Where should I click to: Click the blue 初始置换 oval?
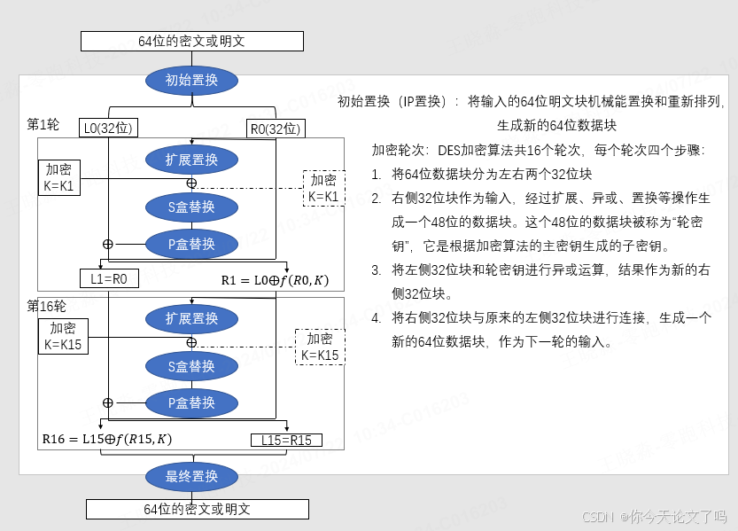point(191,81)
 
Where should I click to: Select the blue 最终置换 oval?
point(191,477)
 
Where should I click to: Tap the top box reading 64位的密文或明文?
point(191,41)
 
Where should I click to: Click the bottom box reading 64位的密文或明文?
point(197,509)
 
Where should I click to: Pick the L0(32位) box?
point(107,129)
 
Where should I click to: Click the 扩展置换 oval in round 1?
point(191,160)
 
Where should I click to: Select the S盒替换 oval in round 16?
point(191,366)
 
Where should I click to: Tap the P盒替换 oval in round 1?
point(191,244)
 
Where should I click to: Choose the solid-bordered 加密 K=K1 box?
point(59,178)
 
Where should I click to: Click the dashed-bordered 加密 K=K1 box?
point(323,188)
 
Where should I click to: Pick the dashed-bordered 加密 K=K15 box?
point(320,347)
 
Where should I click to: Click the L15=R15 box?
point(287,440)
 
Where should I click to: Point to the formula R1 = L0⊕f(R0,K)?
point(275,281)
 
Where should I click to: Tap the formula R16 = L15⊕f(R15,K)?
point(107,439)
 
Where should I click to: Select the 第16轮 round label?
point(46,306)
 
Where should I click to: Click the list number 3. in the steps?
point(377,269)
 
